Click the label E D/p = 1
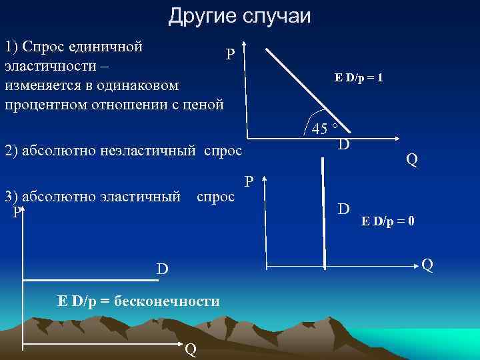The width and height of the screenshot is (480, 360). pyautogui.click(x=358, y=78)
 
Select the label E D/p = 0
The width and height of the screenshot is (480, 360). pyautogui.click(x=389, y=221)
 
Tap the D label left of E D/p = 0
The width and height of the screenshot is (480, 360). pyautogui.click(x=343, y=209)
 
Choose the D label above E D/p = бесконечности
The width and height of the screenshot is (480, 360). pyautogui.click(x=162, y=269)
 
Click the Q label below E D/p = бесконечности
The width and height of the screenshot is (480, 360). pyautogui.click(x=190, y=349)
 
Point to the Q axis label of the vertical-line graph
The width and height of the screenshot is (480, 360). pyautogui.click(x=427, y=265)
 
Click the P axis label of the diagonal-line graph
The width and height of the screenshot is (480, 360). pyautogui.click(x=229, y=54)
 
